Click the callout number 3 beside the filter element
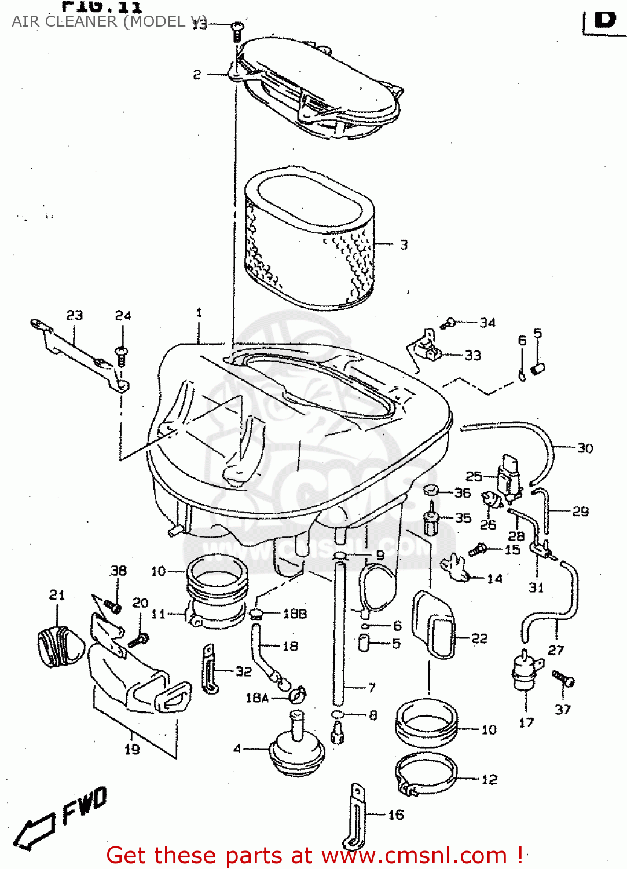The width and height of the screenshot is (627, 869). click(x=404, y=245)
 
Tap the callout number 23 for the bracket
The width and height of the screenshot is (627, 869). click(x=75, y=315)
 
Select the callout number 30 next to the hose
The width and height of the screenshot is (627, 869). click(x=585, y=448)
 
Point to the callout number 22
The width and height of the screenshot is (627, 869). click(x=479, y=638)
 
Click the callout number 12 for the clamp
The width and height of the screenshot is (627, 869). click(x=489, y=780)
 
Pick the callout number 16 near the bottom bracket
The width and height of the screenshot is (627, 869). click(x=396, y=815)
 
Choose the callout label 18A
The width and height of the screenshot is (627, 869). click(x=257, y=698)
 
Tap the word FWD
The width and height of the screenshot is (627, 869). click(x=85, y=805)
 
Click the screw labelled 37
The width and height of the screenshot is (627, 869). click(x=563, y=678)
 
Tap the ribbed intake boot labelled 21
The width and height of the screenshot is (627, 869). click(x=60, y=646)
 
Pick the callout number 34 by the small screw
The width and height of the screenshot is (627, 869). click(x=487, y=323)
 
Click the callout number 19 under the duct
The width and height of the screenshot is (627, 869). click(x=132, y=749)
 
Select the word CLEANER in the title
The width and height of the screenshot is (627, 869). click(x=81, y=21)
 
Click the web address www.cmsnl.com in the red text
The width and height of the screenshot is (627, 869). click(x=414, y=856)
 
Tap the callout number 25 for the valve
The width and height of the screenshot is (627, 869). click(x=474, y=476)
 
